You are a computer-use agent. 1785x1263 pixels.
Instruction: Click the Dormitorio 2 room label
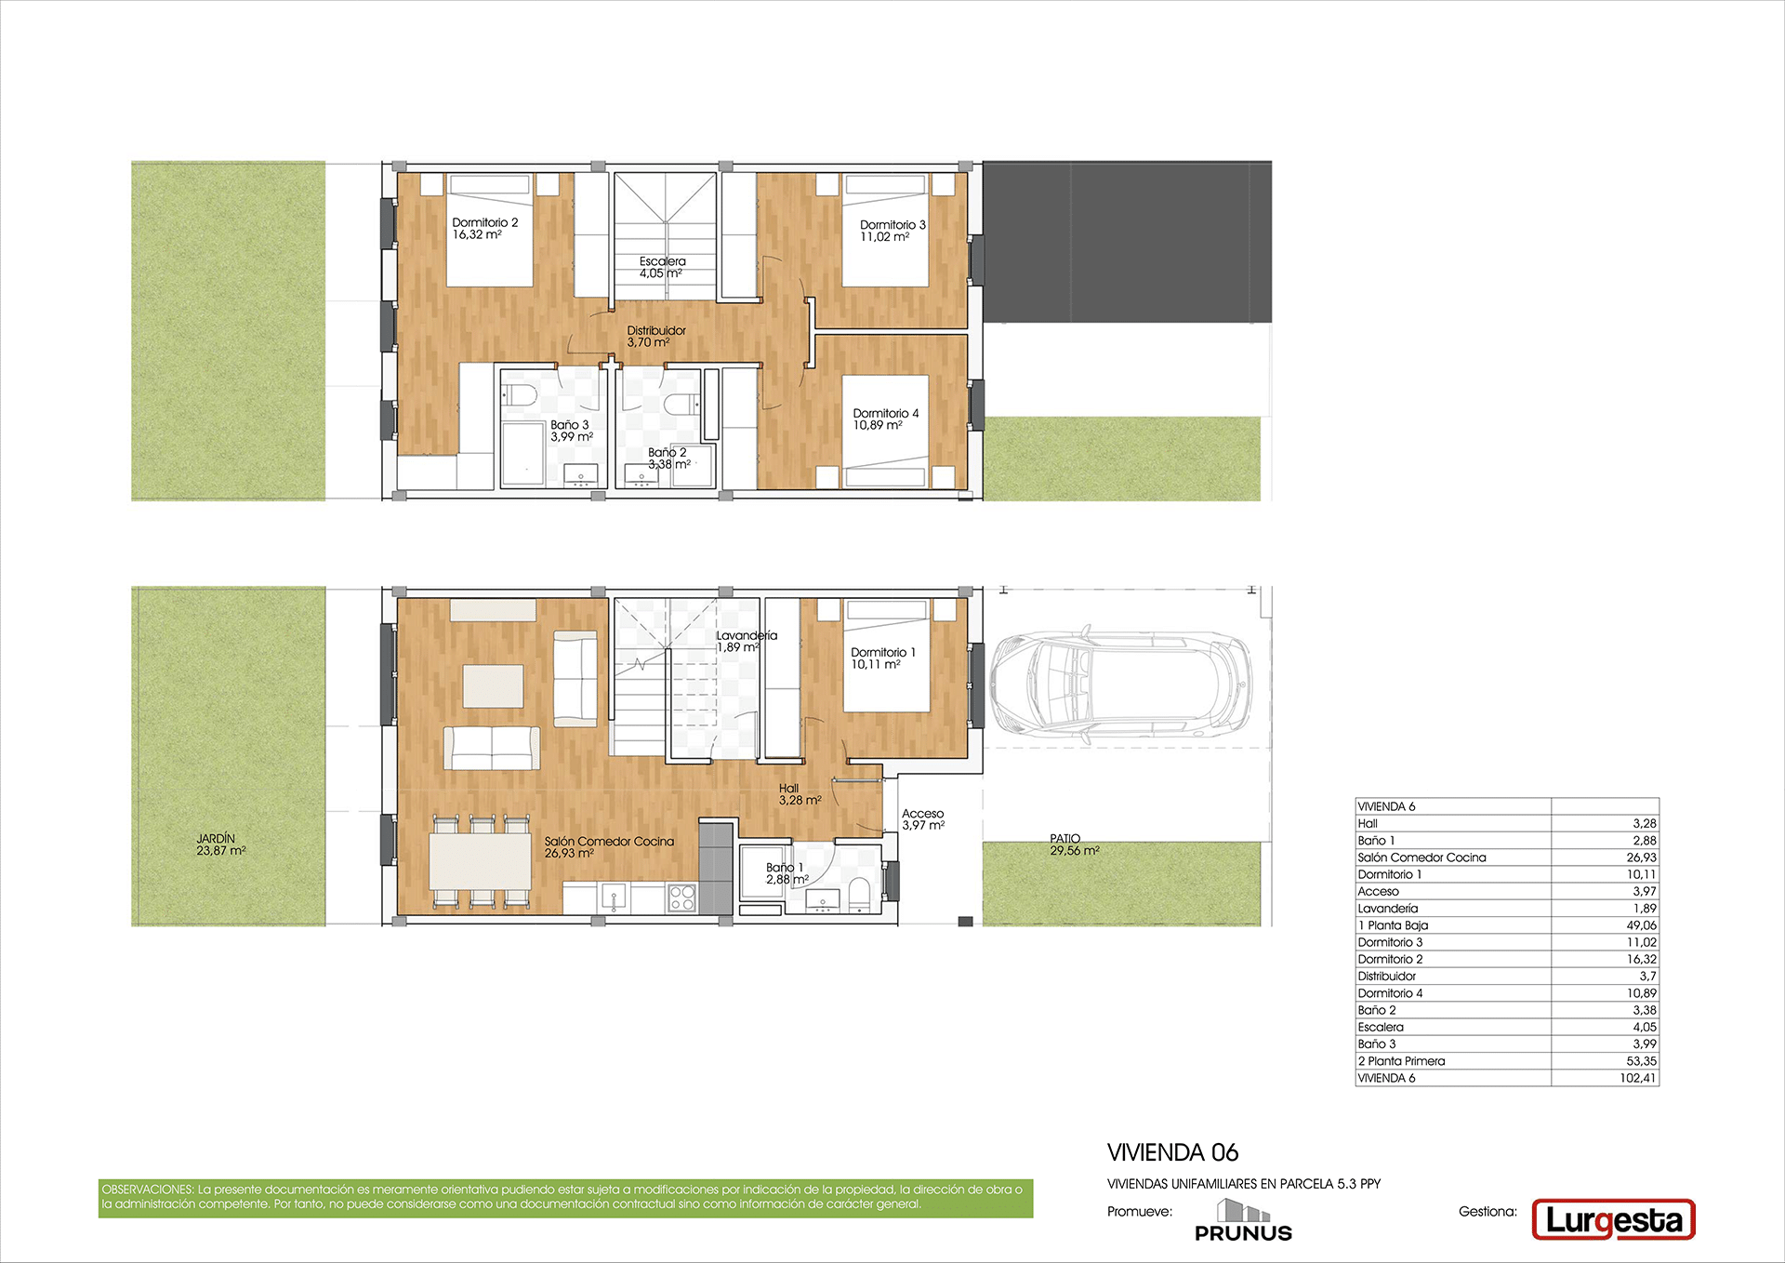click(485, 229)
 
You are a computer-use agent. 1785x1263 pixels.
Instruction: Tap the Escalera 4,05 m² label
click(662, 268)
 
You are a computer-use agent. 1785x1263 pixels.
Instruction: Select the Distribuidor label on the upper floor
click(656, 337)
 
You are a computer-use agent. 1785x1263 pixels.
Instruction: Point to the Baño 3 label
click(571, 431)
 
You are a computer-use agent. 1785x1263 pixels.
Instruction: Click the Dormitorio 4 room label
click(886, 419)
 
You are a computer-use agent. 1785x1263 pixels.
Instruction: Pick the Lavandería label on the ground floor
click(747, 642)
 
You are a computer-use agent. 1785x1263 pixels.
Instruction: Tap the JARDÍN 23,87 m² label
click(221, 844)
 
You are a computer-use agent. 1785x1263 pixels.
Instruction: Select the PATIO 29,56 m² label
click(1075, 844)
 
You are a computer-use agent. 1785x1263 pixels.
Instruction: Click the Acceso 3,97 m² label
click(923, 819)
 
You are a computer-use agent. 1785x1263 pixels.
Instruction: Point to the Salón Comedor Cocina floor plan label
click(609, 847)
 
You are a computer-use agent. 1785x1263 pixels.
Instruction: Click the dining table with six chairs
click(481, 861)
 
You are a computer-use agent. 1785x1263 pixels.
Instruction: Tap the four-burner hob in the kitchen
click(681, 897)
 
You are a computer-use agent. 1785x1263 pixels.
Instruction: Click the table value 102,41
click(1638, 1078)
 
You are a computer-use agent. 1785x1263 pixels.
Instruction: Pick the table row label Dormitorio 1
click(1390, 874)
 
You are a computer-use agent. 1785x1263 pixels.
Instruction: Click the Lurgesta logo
click(1614, 1220)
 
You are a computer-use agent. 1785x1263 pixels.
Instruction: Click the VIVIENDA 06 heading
click(1173, 1152)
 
